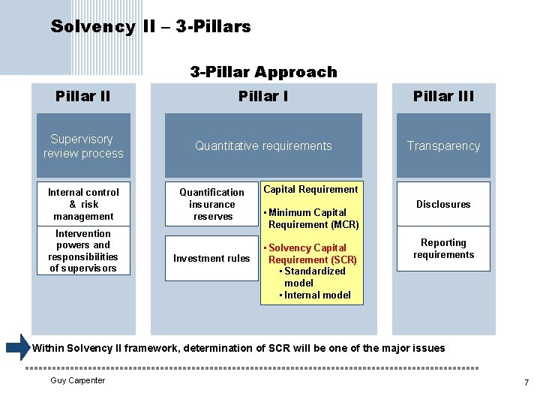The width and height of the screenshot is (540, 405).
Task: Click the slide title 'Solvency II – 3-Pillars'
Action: tap(151, 27)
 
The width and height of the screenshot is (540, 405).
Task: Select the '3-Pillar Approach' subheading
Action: tap(263, 72)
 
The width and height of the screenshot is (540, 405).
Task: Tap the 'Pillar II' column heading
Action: tap(83, 96)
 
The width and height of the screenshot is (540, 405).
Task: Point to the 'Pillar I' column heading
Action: tap(263, 96)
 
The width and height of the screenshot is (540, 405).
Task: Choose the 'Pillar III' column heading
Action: tap(443, 96)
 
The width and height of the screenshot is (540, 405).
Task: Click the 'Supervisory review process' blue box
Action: tap(83, 145)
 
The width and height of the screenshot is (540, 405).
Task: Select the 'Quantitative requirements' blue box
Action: tap(263, 145)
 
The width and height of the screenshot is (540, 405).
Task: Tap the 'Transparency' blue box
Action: tap(443, 145)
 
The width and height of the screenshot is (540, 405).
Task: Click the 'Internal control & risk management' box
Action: tap(83, 204)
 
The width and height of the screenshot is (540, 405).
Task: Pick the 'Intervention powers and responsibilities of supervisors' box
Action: tap(83, 251)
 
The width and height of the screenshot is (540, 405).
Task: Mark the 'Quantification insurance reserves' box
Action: tap(211, 204)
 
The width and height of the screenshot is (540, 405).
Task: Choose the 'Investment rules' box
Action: tap(211, 259)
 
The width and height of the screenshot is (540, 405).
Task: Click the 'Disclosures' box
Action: tap(443, 204)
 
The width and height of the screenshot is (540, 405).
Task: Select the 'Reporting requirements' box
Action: tap(443, 249)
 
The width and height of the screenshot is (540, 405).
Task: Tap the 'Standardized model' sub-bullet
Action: tap(314, 277)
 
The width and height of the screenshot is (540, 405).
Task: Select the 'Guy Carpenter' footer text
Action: tap(78, 380)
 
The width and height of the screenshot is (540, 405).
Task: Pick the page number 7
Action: tap(526, 383)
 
